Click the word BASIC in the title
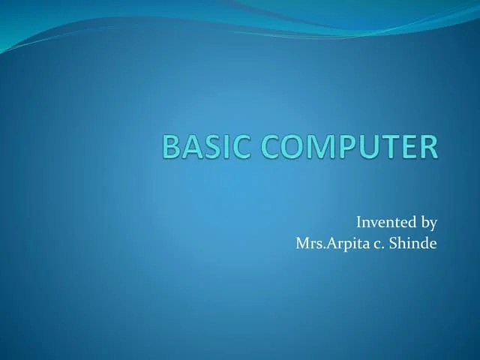click(205, 147)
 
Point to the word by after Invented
click(428, 223)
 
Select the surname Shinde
click(412, 244)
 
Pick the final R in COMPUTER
click(428, 147)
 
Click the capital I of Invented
click(358, 222)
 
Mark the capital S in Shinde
click(393, 244)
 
